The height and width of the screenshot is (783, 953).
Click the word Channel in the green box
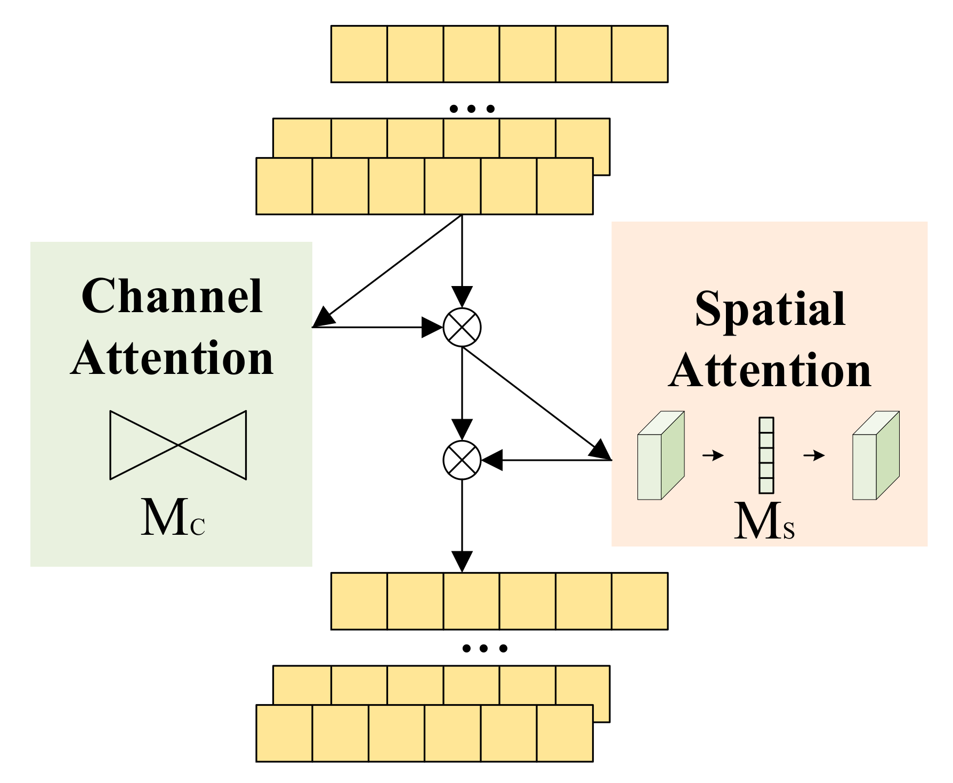coord(172,296)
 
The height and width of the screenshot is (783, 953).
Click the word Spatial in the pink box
coord(770,309)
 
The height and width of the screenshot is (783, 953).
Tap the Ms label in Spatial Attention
coord(764,521)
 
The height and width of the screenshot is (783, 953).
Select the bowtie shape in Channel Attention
coord(178,445)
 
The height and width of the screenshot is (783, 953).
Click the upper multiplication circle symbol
coord(462,327)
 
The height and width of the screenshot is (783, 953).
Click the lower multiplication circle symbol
coord(462,460)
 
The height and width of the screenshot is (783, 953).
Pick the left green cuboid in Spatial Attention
coord(661,455)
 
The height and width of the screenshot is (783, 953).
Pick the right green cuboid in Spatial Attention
coord(876,455)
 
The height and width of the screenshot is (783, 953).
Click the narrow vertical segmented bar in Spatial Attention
coord(766,455)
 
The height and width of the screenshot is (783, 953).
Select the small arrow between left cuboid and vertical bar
coord(713,455)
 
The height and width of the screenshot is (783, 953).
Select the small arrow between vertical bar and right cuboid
coord(814,455)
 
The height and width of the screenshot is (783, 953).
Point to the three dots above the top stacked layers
coord(472,109)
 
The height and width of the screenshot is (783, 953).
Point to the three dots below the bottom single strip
coord(484,648)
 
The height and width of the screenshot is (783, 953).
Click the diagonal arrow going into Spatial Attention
coord(536,403)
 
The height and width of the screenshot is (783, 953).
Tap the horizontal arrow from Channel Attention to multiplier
coord(378,327)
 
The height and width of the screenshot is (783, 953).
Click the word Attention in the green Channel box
coord(172,358)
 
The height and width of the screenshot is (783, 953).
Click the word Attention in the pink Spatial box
coord(770,371)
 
